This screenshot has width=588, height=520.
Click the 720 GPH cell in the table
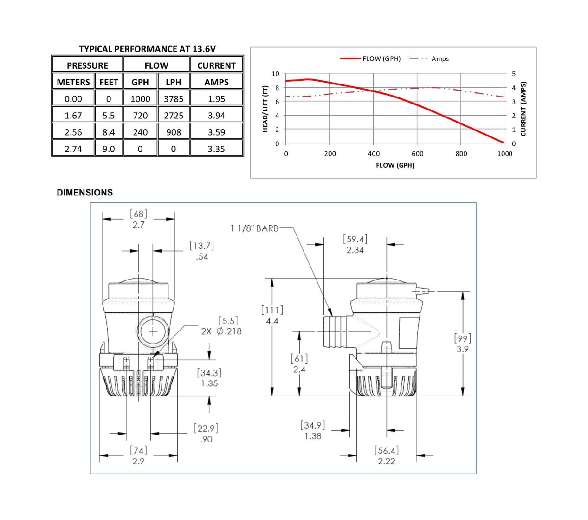(x=140, y=115)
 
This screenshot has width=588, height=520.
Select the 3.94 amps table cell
(x=216, y=115)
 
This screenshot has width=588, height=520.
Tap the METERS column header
(x=73, y=82)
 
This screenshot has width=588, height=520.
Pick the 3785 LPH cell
(x=174, y=99)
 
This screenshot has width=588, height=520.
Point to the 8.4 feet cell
(x=109, y=132)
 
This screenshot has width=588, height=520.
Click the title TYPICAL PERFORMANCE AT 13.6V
(x=148, y=49)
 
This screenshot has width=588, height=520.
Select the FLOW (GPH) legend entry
(x=370, y=58)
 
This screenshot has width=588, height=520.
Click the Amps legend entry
(x=429, y=58)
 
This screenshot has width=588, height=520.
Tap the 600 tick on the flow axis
(x=417, y=154)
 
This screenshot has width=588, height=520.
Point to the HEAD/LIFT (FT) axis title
(x=265, y=109)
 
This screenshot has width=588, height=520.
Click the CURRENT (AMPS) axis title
(x=523, y=109)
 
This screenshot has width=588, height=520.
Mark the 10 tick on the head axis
(x=275, y=74)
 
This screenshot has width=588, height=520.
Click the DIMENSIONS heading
(x=85, y=193)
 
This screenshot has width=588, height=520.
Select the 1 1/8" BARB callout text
(x=254, y=228)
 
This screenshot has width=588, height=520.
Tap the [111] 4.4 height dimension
(x=272, y=316)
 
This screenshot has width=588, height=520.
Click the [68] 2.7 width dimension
(x=138, y=219)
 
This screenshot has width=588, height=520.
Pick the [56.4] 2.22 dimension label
(x=387, y=456)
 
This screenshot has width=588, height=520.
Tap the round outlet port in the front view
(x=153, y=331)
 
